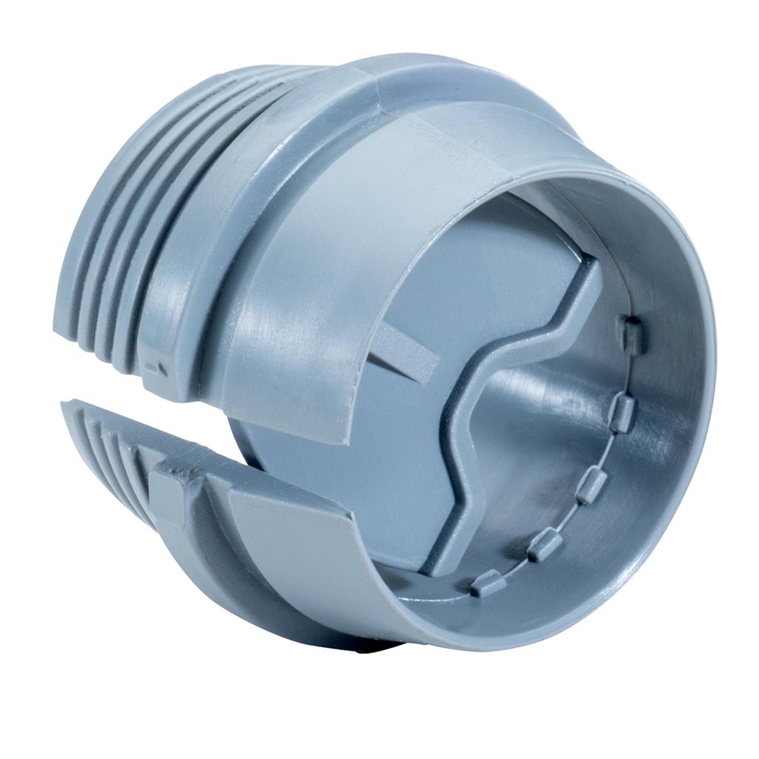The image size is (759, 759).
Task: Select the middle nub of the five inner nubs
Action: tap(591, 485)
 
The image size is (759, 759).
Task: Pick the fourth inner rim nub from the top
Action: tap(545, 545)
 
